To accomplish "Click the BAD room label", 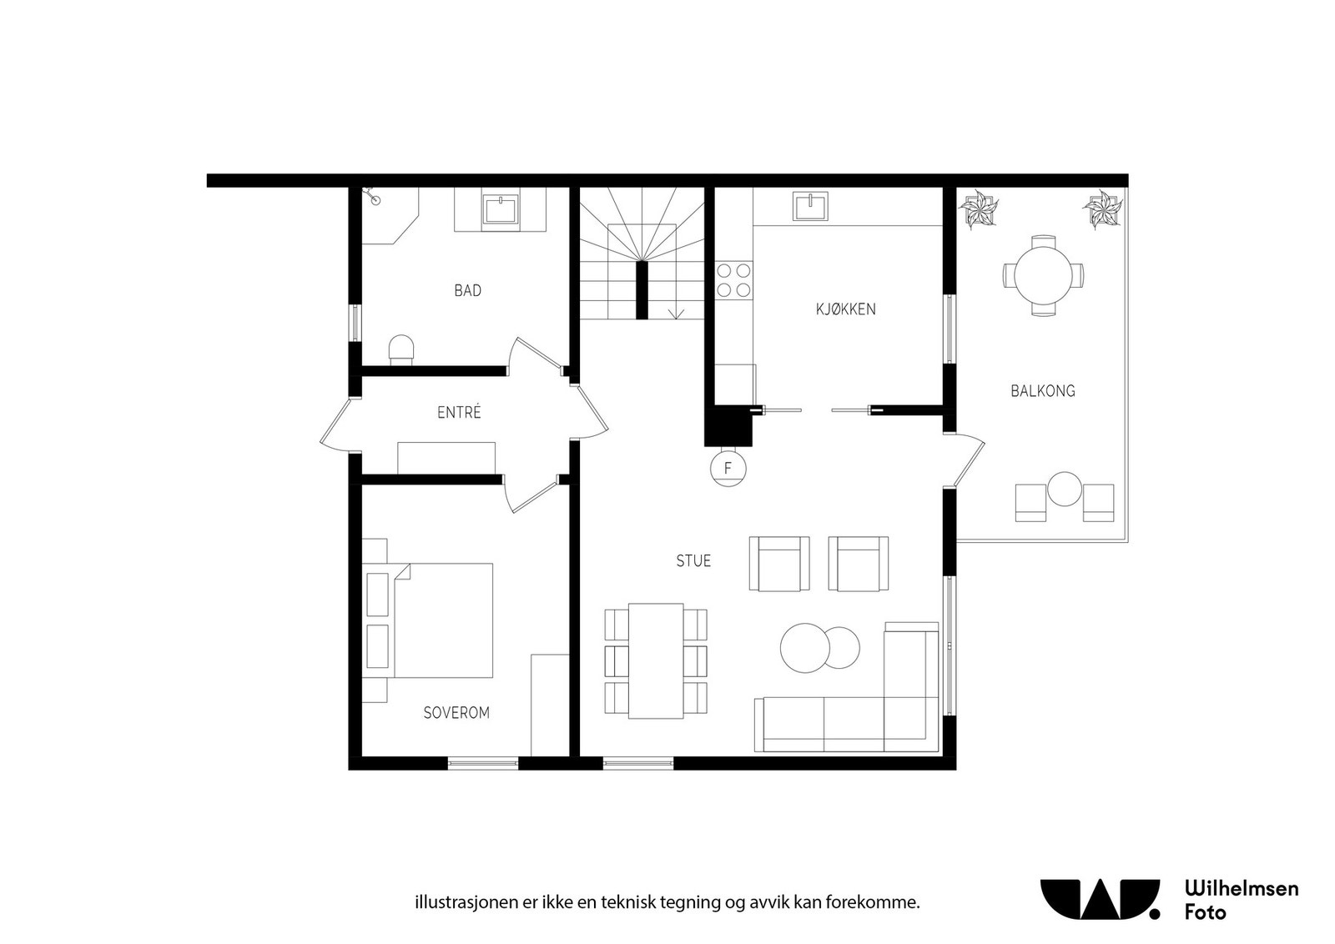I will [x=467, y=290].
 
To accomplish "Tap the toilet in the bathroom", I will [x=402, y=349].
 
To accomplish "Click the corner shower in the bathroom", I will [x=385, y=213].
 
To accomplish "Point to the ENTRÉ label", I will [x=459, y=413].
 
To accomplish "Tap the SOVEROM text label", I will [x=456, y=713].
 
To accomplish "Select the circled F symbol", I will [x=728, y=469].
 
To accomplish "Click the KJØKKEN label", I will [x=845, y=309].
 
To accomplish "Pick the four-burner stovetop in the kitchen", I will [x=733, y=279].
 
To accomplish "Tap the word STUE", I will [x=693, y=561].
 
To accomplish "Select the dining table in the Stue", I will [x=656, y=660].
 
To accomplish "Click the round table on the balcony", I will [x=1043, y=274].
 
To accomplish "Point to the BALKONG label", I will [x=1042, y=390].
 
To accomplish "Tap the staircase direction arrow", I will [x=677, y=313].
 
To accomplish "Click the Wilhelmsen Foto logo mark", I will [x=1100, y=899].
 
